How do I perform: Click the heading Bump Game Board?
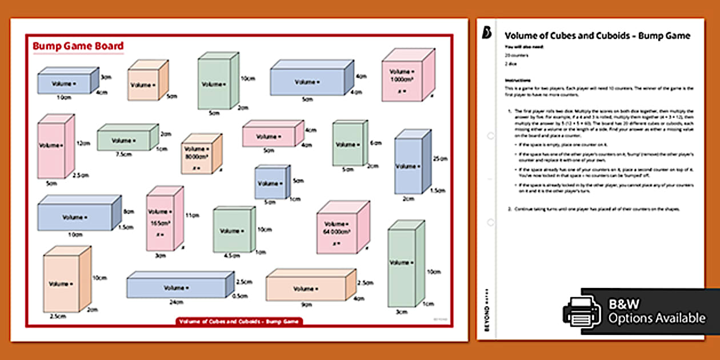tap(78, 46)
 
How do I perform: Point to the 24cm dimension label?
tap(175, 303)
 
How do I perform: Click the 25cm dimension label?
tap(439, 158)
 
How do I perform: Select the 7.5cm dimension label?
tap(121, 154)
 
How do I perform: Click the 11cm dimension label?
tap(194, 215)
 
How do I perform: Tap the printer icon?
tap(582, 311)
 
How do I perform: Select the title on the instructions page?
tap(597, 35)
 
